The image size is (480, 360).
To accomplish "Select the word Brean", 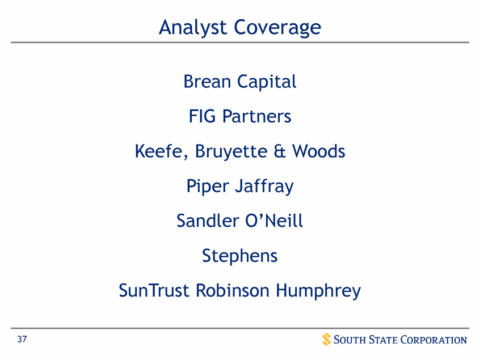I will pos(208,82).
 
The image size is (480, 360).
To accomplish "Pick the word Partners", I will pos(257,116).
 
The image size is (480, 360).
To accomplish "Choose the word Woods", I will pos(319,151).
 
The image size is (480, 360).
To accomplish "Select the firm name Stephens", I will pos(240,256).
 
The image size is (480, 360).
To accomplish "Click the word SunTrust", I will pos(155,291).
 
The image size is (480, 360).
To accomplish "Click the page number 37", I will pos(22,340).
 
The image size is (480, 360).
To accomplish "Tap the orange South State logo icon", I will pos(326,340).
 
